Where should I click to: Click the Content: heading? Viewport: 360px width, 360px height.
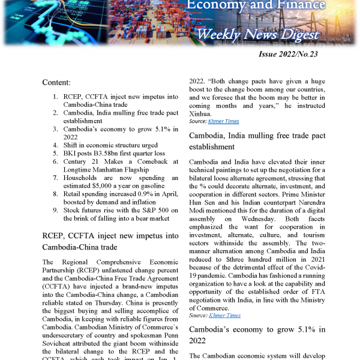pos(60,82)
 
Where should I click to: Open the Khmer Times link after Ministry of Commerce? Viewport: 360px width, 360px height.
pos(224,315)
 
